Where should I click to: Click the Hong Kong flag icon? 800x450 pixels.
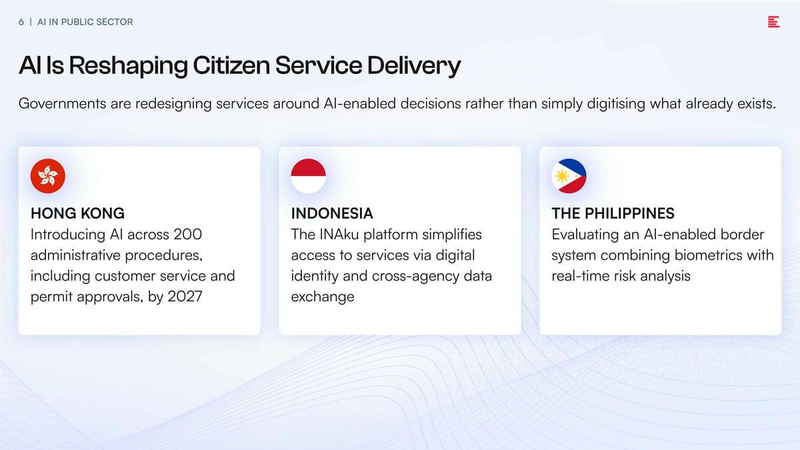point(48,176)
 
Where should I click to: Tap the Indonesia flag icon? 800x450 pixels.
point(308,176)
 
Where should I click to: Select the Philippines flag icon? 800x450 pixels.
point(569,176)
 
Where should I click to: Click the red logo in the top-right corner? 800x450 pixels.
point(773,22)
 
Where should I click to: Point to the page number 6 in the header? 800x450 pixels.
point(21,22)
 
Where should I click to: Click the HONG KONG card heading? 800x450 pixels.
point(77,213)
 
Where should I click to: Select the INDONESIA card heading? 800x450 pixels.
point(332,213)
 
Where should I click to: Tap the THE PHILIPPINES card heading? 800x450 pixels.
point(613,213)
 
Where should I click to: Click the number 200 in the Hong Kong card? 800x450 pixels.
point(188,235)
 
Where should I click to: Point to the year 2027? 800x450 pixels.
point(185,297)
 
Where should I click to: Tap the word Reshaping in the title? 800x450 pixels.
point(128,66)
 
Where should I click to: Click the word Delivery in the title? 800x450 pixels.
point(414,66)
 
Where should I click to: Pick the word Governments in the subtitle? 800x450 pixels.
point(63,103)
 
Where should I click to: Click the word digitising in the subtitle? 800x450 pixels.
point(616,104)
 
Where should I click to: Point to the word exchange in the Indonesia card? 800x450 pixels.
point(323,297)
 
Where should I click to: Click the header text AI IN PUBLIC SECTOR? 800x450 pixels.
point(85,22)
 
